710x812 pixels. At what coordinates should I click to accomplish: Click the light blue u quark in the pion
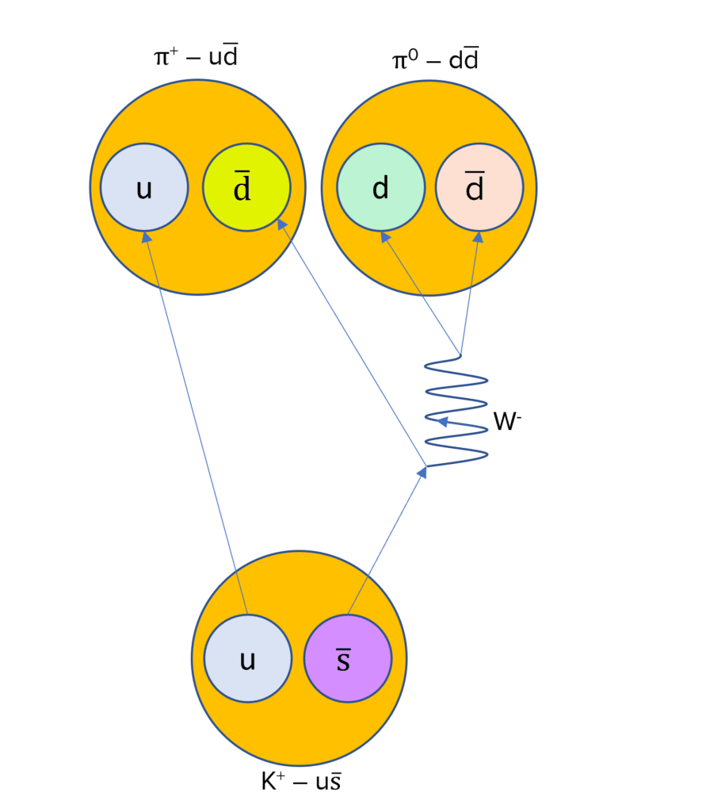[x=144, y=187]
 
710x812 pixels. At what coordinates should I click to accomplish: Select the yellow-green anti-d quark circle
[x=246, y=187]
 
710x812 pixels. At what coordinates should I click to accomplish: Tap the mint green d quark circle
[x=380, y=187]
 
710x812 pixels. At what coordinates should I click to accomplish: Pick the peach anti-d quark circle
[x=479, y=187]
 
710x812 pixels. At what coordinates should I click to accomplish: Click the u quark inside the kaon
[x=247, y=658]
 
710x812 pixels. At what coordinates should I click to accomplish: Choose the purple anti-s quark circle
[x=348, y=658]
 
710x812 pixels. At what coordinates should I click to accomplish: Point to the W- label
[x=507, y=422]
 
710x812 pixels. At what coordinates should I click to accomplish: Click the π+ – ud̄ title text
[x=196, y=58]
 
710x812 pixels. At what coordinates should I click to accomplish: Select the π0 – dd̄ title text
[x=435, y=60]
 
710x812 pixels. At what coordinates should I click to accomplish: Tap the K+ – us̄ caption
[x=301, y=781]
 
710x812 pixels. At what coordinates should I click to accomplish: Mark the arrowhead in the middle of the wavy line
[x=444, y=422]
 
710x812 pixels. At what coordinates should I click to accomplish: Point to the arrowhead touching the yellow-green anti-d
[x=281, y=224]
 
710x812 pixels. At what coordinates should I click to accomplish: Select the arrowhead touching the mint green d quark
[x=384, y=236]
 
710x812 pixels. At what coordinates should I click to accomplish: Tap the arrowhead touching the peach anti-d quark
[x=478, y=236]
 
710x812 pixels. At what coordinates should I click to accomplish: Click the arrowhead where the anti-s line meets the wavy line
[x=422, y=471]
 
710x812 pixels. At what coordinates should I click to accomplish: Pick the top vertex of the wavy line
[x=460, y=354]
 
